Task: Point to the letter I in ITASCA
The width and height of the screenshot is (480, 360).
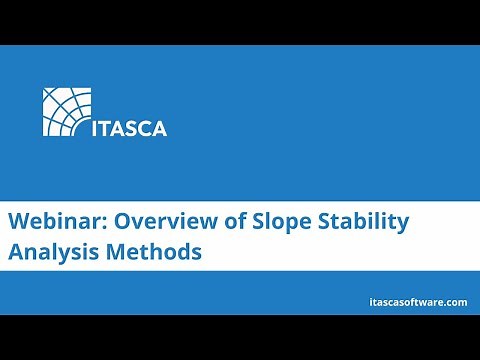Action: [x=97, y=128]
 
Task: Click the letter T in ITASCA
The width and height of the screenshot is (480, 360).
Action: [x=108, y=128]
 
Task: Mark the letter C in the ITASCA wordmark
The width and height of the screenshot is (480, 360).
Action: [x=146, y=128]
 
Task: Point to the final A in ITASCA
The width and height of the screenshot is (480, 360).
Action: [x=160, y=128]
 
